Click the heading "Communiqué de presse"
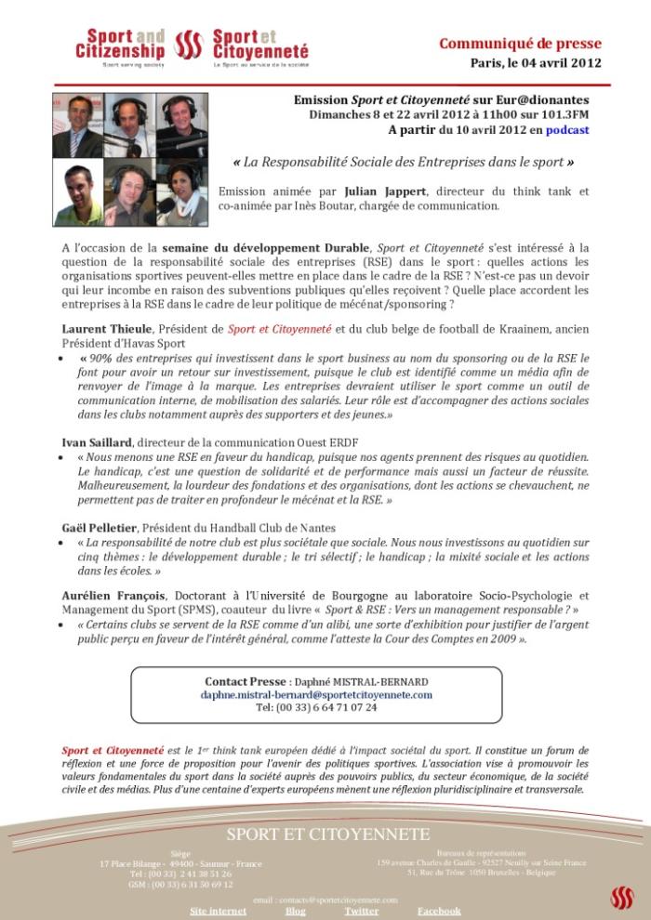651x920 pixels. point(520,44)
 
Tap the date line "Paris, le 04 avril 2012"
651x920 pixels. point(536,63)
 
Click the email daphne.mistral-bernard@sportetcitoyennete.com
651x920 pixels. point(316,694)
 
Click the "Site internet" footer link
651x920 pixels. point(219,911)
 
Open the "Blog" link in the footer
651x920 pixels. point(295,911)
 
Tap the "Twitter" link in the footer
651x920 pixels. point(361,911)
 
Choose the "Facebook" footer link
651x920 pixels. point(439,911)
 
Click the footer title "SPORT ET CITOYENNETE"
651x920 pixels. point(328,834)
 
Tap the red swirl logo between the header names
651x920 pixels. point(189,44)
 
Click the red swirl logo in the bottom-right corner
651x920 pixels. point(621,898)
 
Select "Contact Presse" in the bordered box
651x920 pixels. point(246,681)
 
